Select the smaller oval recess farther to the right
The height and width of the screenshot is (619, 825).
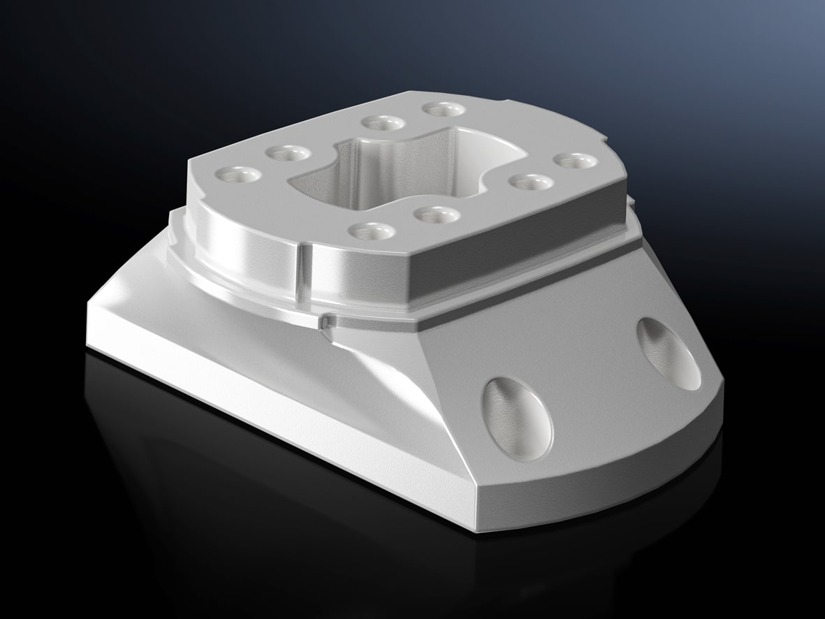[x=669, y=354]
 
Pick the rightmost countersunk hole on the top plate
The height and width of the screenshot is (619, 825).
[x=574, y=161]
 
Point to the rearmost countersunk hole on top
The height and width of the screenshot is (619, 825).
[x=444, y=110]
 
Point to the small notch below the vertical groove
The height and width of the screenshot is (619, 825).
[x=326, y=321]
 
